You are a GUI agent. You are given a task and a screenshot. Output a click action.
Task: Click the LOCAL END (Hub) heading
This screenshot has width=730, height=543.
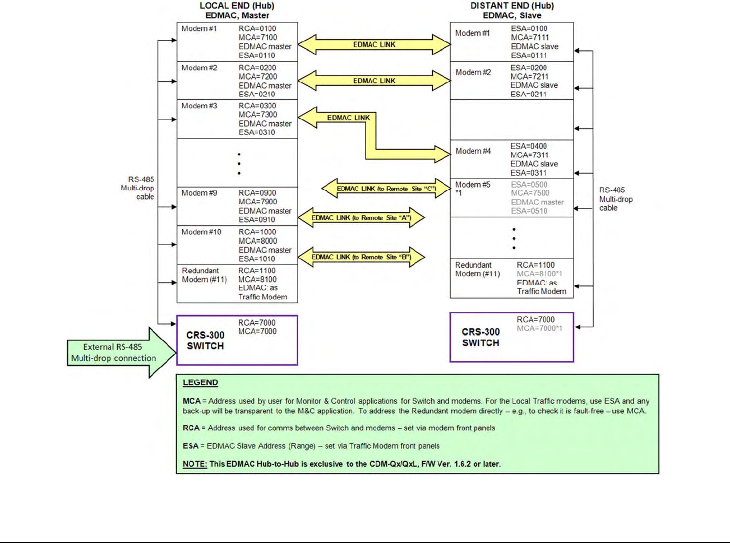[237, 6]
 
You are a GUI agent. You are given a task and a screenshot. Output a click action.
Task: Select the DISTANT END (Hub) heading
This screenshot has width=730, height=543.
[511, 6]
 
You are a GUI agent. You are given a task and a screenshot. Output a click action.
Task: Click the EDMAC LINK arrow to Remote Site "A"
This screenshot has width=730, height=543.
[361, 217]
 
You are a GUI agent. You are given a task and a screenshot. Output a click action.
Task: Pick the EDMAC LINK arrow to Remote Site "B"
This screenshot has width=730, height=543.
[361, 257]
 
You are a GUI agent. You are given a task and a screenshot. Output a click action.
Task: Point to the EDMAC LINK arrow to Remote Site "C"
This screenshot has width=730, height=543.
[386, 189]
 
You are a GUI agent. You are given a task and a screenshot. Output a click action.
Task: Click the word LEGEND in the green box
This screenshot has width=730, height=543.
[200, 383]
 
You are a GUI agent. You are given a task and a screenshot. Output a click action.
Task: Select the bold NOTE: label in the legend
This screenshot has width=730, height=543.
[195, 464]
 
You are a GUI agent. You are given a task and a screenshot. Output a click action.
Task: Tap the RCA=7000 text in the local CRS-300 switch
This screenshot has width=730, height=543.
[257, 323]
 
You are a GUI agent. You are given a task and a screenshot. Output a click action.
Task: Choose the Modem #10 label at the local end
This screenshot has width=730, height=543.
[201, 232]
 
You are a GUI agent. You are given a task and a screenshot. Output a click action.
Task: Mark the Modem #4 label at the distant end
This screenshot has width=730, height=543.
[473, 151]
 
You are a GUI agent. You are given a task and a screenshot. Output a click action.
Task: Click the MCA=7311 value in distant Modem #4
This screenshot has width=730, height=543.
[529, 155]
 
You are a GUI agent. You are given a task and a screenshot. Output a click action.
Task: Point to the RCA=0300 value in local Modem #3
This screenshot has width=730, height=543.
[257, 106]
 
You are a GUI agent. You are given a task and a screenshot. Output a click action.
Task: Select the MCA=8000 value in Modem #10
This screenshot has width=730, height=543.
[257, 241]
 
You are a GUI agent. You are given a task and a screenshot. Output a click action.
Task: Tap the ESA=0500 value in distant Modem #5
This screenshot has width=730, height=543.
[529, 184]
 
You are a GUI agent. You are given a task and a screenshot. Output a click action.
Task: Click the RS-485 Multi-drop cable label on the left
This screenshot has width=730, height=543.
[137, 188]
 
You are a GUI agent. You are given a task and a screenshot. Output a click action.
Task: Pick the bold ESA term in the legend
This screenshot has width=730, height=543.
[190, 446]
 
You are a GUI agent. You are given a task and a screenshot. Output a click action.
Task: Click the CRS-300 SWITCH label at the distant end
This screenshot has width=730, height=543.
[480, 337]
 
